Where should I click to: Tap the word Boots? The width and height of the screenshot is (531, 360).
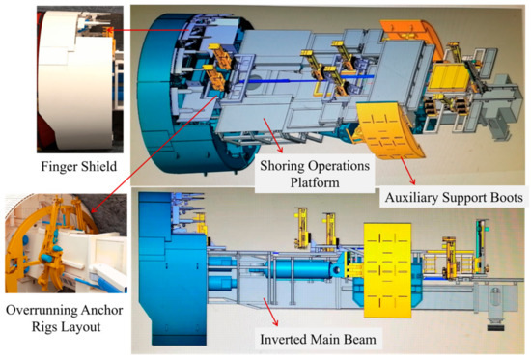click(500, 197)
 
